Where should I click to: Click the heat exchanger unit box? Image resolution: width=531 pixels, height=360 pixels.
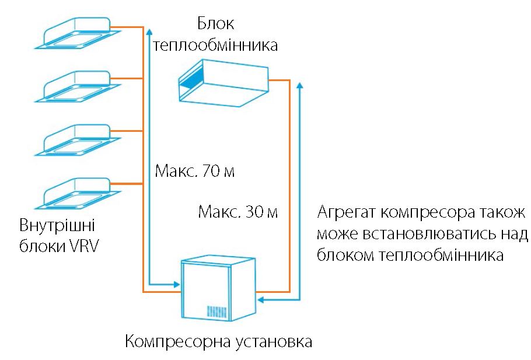tap(223, 83)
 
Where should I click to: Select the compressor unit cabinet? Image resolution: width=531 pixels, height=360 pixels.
tap(218, 289)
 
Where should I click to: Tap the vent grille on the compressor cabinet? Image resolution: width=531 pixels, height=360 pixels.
tap(216, 312)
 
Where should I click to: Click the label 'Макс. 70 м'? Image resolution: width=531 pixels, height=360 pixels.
tap(195, 171)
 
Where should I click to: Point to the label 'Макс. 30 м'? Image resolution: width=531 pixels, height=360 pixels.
tap(238, 212)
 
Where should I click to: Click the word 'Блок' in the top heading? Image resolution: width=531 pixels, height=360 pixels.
tap(215, 24)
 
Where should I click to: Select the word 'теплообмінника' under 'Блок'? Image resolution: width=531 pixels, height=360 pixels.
tap(215, 45)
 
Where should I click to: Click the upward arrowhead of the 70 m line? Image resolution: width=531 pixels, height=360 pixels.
tap(149, 30)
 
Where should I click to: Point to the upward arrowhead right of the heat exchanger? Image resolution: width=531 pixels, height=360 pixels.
tap(299, 85)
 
